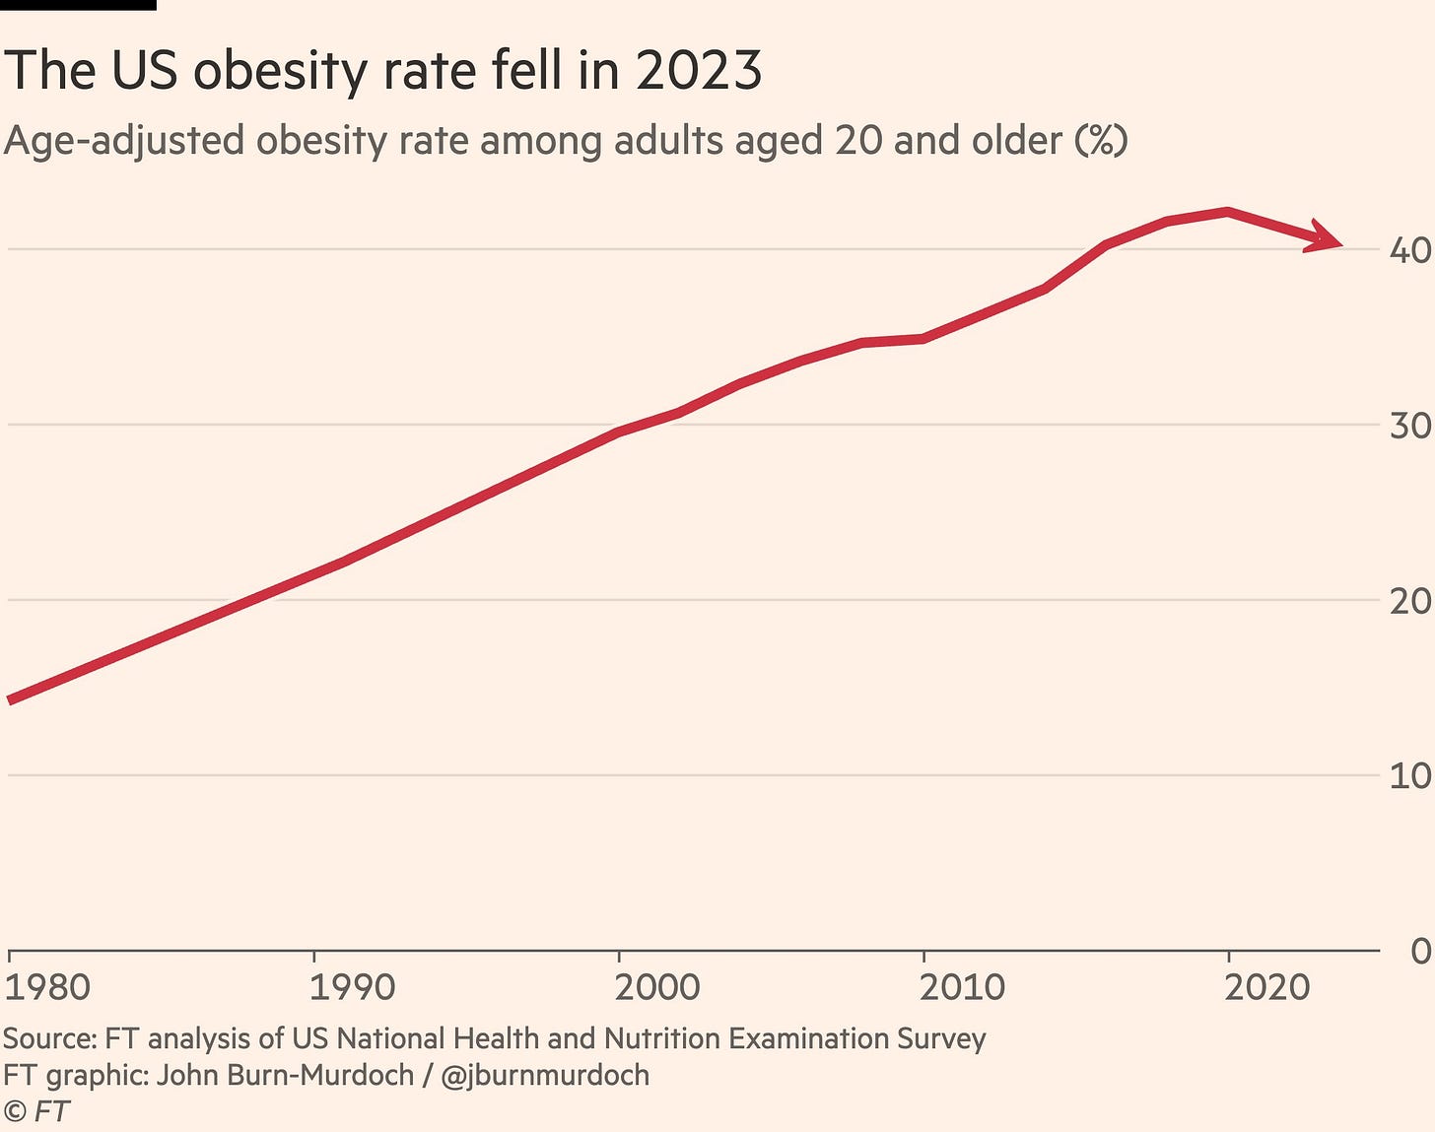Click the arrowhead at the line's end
pyautogui.click(x=1327, y=239)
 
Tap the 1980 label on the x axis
pyautogui.click(x=47, y=986)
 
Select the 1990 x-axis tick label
pyautogui.click(x=352, y=986)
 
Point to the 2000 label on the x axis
pyautogui.click(x=657, y=986)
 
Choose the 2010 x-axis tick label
pyautogui.click(x=962, y=986)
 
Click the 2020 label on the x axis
pyautogui.click(x=1267, y=986)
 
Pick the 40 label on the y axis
pyautogui.click(x=1410, y=250)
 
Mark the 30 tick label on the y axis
pyautogui.click(x=1410, y=426)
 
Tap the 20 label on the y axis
pyautogui.click(x=1410, y=601)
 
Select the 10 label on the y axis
pyautogui.click(x=1410, y=776)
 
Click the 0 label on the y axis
pyautogui.click(x=1419, y=952)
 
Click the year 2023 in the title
pyautogui.click(x=698, y=71)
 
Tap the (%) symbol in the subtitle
pyautogui.click(x=1101, y=141)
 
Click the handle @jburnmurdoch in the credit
pyautogui.click(x=545, y=1075)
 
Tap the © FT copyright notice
pyautogui.click(x=36, y=1111)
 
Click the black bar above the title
pyautogui.click(x=78, y=5)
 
